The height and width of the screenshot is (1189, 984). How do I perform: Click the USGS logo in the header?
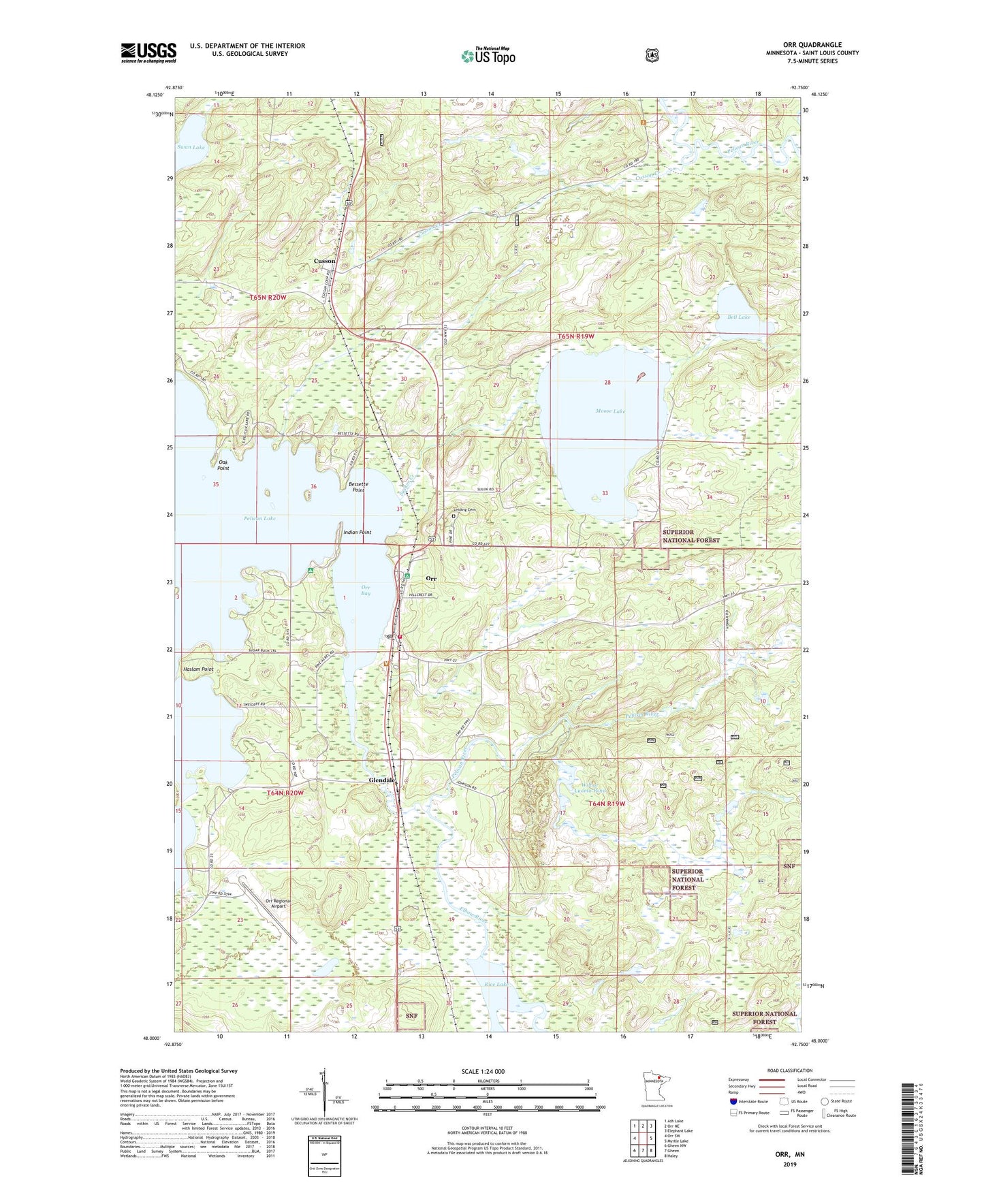point(148,52)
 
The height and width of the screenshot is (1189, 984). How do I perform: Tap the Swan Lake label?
point(191,147)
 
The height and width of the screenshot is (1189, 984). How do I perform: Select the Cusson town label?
point(324,261)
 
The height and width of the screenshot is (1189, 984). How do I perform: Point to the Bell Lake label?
point(738,317)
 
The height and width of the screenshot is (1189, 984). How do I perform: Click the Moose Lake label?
point(609,411)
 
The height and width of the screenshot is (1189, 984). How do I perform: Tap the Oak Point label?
point(223,465)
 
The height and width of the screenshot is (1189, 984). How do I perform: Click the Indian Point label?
point(357,533)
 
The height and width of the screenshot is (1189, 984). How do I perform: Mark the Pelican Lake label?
point(259,518)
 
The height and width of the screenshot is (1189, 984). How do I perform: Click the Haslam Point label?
point(198,669)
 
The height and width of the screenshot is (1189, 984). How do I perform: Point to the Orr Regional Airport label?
point(278,904)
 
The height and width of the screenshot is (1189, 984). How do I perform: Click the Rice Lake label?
point(496,985)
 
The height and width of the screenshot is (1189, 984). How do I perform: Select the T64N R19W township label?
point(606,804)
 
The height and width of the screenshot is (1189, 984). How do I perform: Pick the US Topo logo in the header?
point(488,56)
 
